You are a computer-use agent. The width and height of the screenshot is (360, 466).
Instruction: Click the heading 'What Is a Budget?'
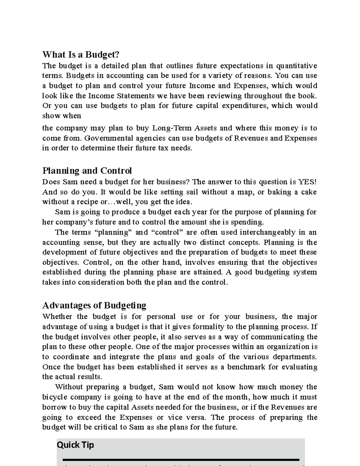tap(81, 55)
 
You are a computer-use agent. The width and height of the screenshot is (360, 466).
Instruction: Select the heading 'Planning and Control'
tap(87, 171)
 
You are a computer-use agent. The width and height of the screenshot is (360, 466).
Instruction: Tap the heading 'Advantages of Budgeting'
tap(94, 305)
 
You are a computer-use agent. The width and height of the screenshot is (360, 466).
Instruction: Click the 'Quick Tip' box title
tap(75, 445)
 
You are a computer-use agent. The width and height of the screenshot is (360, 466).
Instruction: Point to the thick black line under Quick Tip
tap(181, 459)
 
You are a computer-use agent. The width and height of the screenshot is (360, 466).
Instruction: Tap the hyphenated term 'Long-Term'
tap(172, 128)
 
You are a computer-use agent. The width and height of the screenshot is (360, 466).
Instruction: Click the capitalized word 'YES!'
tap(307, 182)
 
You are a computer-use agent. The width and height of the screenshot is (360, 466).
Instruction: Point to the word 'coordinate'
tap(71, 357)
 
